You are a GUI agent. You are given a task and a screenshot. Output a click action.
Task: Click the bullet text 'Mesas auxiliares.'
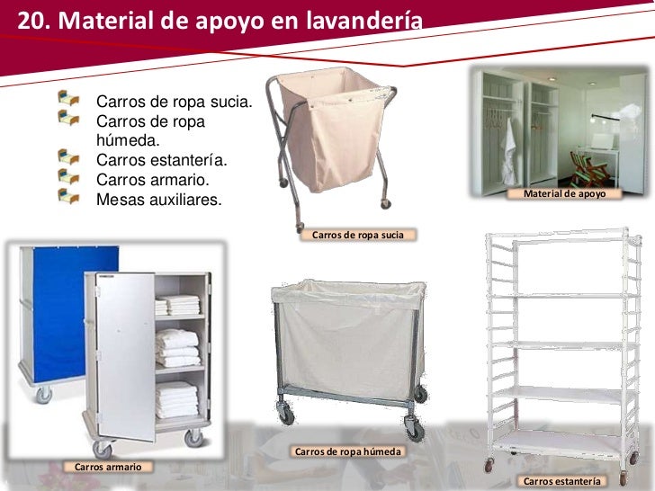pyautogui.click(x=157, y=200)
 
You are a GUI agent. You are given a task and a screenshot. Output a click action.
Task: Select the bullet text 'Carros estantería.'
pyautogui.click(x=162, y=160)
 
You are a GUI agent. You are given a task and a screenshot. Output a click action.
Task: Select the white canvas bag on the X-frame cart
pyautogui.click(x=333, y=117)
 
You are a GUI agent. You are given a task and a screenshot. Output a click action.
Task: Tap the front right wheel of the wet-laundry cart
pyautogui.click(x=413, y=429)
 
